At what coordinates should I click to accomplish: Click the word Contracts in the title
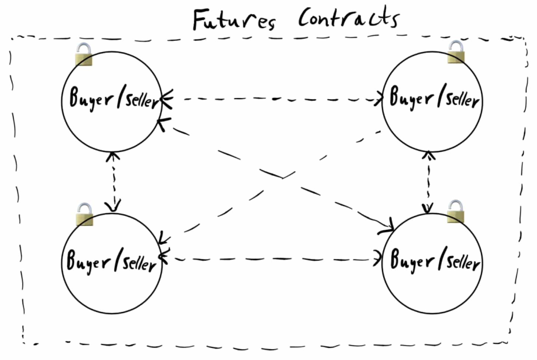[349, 17]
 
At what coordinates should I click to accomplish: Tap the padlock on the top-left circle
[84, 54]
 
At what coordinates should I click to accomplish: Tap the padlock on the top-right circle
[456, 52]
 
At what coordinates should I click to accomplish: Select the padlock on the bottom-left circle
[84, 214]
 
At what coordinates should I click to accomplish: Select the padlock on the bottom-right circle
[456, 212]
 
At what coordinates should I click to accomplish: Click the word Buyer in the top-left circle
[91, 99]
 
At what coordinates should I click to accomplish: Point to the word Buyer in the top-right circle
[411, 98]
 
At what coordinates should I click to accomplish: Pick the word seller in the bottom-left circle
[140, 264]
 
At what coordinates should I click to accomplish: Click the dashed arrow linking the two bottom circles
[271, 259]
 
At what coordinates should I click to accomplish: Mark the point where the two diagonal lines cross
[283, 178]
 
